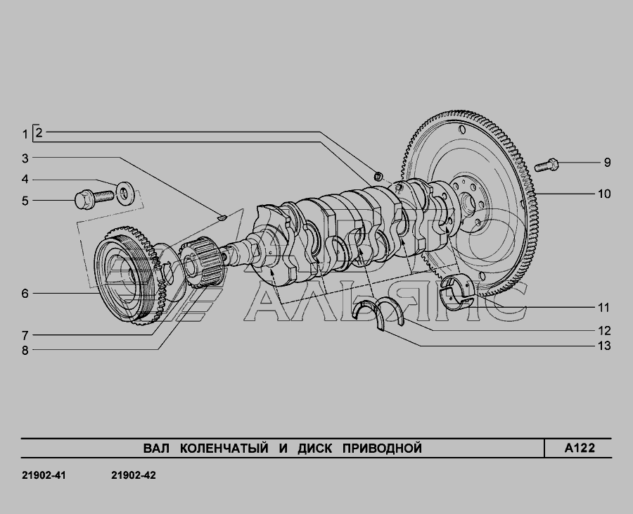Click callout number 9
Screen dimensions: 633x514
[x=607, y=163]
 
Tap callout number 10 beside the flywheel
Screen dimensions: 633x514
[x=604, y=194]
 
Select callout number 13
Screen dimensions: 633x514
[x=604, y=346]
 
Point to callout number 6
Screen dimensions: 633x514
[x=25, y=294]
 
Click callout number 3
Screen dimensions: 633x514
[x=25, y=158]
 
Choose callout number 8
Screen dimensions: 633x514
[x=25, y=350]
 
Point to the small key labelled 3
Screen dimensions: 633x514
[x=222, y=218]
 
